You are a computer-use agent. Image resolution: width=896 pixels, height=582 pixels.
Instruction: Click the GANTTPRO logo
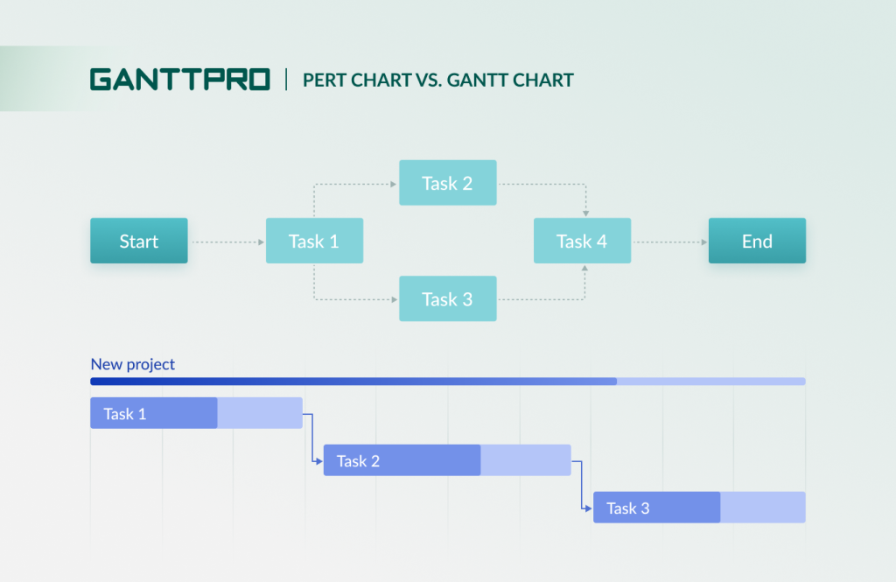tap(179, 80)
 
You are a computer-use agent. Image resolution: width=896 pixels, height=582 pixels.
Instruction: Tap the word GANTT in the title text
tap(478, 81)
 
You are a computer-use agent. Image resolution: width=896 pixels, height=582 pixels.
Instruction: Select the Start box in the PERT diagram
tap(138, 241)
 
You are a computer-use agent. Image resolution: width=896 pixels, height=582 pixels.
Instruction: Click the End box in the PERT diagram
tap(757, 241)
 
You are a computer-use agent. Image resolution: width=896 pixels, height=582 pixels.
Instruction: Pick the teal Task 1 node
tap(314, 241)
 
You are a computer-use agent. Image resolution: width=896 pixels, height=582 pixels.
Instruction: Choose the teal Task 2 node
tap(447, 183)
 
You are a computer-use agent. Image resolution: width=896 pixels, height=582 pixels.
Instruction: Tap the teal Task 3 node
tap(447, 298)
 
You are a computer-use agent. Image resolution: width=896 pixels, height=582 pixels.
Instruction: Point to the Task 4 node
tap(582, 241)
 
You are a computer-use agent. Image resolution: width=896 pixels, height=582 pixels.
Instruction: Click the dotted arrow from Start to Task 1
tap(227, 241)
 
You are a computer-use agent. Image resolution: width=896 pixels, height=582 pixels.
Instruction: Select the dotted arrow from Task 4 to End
tap(669, 241)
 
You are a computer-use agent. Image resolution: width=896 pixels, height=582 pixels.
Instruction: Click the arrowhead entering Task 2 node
tap(395, 183)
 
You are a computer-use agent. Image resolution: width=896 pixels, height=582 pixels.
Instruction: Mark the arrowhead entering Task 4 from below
tap(583, 268)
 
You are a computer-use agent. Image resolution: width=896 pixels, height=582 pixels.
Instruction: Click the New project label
tap(133, 364)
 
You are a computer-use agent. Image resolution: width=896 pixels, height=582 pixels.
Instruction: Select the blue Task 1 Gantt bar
tap(154, 413)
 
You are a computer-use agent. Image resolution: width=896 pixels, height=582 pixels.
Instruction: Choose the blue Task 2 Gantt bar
tap(402, 460)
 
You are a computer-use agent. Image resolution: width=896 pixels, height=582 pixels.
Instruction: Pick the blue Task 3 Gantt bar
tap(656, 508)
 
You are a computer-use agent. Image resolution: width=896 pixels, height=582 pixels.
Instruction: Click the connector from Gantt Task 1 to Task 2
tap(312, 437)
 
